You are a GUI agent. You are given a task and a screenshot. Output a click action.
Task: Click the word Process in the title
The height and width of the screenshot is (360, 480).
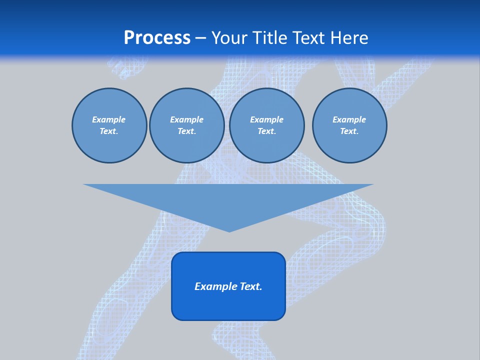[x=157, y=38]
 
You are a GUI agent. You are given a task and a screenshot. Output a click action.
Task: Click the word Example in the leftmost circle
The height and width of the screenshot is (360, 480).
[x=108, y=120]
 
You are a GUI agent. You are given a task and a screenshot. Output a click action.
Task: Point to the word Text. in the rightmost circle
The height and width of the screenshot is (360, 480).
[x=349, y=131]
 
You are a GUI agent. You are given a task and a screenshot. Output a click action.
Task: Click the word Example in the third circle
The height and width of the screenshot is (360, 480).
[x=266, y=120]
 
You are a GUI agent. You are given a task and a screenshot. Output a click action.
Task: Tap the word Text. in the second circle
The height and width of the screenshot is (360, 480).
[x=187, y=131]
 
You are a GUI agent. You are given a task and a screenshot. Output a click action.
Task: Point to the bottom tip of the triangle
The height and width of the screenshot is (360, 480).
[x=229, y=231]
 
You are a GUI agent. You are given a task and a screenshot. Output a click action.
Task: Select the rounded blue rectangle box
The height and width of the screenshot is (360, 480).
[x=228, y=305]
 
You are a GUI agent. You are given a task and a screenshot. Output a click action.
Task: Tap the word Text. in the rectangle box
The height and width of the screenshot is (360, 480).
[x=251, y=286]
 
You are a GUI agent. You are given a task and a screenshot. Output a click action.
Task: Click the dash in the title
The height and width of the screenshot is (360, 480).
[x=200, y=38]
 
